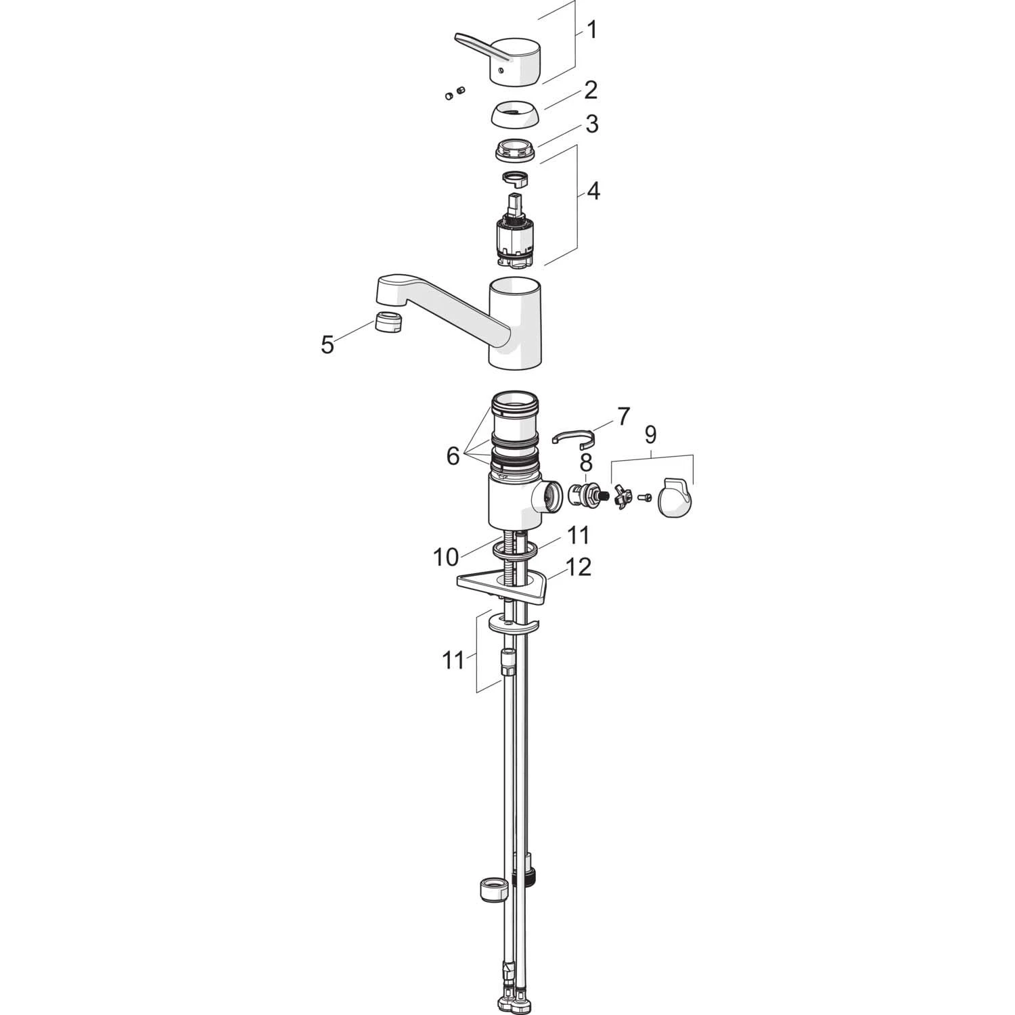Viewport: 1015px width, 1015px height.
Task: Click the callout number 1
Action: [591, 30]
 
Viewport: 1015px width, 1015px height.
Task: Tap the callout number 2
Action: [591, 89]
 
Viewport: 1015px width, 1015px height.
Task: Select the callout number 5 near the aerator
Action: [328, 345]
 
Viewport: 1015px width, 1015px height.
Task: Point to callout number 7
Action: [623, 416]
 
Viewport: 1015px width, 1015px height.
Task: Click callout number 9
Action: [650, 434]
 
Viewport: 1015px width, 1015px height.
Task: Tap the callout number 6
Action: [453, 456]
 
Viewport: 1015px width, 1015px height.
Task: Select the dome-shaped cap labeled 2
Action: [514, 115]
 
